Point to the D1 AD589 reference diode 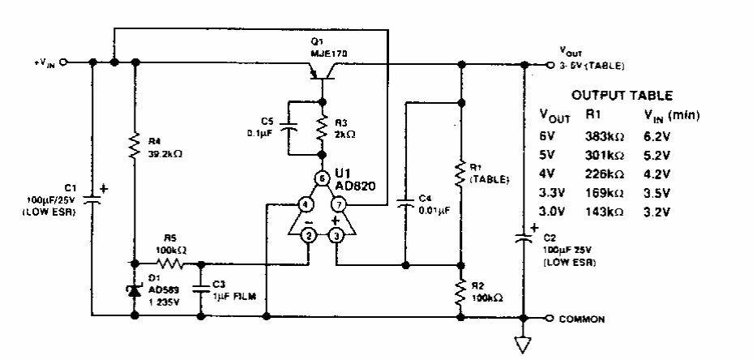(x=134, y=288)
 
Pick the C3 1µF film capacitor (x=200, y=289)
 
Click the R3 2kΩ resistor (x=323, y=128)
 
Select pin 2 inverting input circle (x=309, y=236)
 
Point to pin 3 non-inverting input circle (x=335, y=236)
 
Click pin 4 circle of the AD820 (x=305, y=205)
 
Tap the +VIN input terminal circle (x=63, y=62)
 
